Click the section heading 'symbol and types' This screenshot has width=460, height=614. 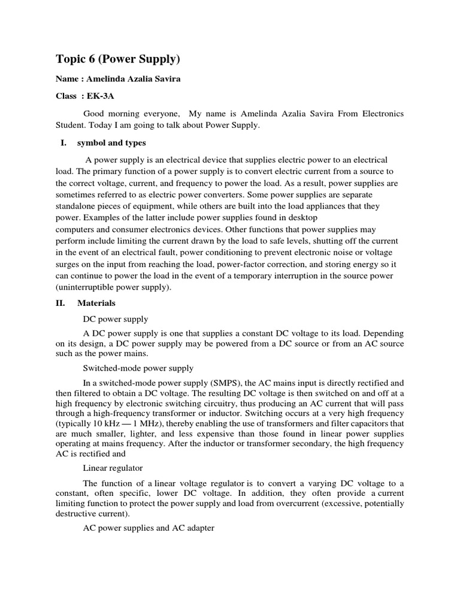pos(111,143)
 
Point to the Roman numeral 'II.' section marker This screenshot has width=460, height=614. pos(62,303)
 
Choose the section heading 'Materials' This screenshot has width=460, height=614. pos(96,303)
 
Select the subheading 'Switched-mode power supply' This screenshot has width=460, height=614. pos(138,368)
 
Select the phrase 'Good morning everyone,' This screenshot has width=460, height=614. pos(132,113)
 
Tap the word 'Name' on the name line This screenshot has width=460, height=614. pos(67,79)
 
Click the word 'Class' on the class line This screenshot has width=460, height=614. pos(66,95)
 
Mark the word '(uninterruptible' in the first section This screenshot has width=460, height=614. pos(83,287)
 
